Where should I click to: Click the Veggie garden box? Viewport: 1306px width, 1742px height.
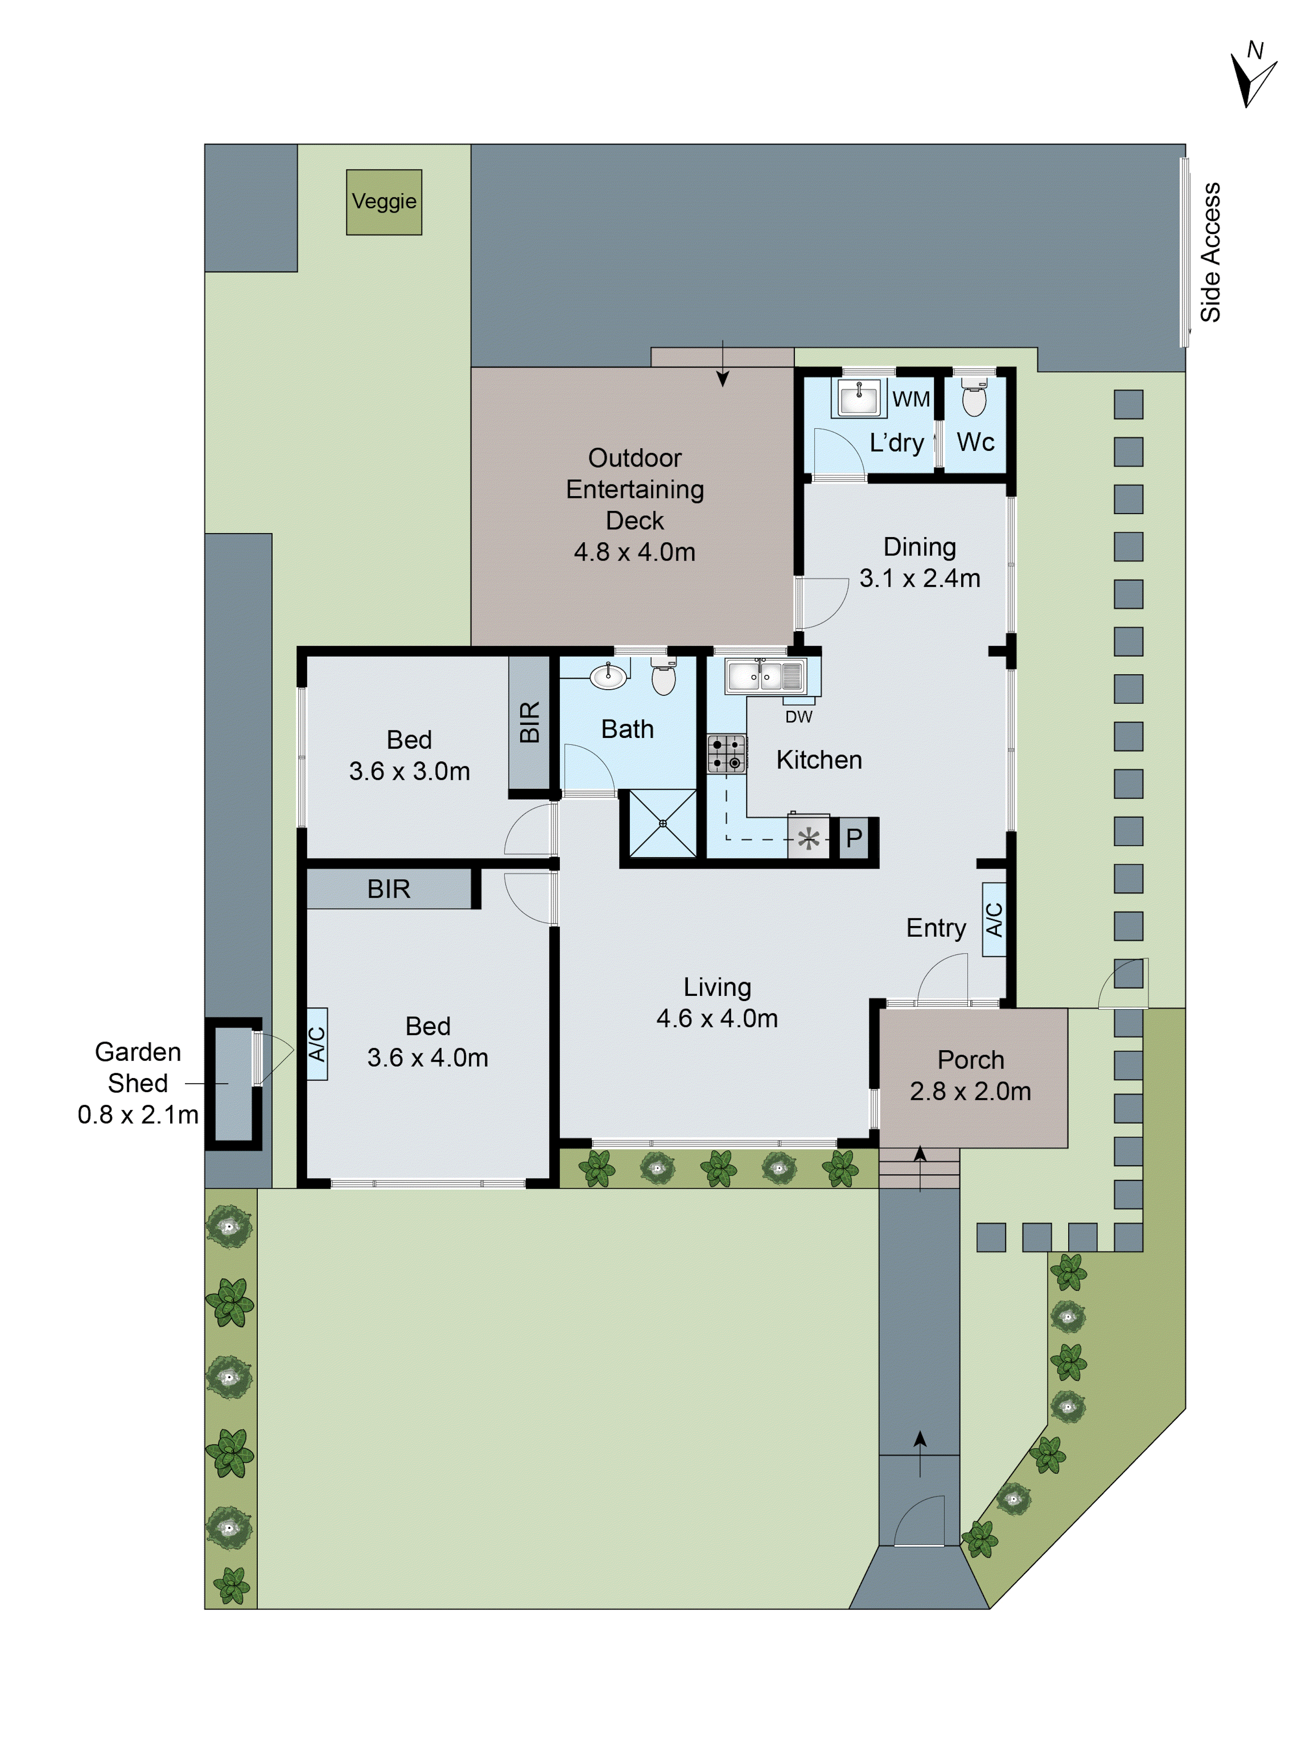[384, 203]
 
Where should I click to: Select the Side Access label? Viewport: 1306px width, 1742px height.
[1210, 252]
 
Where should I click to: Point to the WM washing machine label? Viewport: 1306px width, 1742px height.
[911, 399]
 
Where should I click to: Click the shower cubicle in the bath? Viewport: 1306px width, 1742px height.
[663, 824]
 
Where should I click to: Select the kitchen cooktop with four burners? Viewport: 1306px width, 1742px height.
[726, 754]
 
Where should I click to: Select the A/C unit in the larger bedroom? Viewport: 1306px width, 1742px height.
[316, 1043]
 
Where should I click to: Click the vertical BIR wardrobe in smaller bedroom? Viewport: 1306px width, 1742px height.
[529, 722]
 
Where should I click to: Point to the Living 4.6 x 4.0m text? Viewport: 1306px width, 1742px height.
[717, 1002]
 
